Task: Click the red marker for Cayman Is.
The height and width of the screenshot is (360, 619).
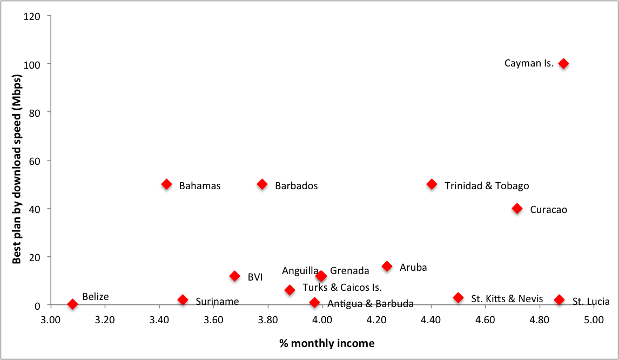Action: point(563,63)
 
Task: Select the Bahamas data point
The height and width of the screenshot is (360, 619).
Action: point(167,184)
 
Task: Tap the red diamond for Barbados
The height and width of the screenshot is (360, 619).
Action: point(263,184)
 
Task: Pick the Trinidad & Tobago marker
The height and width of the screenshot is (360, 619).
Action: point(432,184)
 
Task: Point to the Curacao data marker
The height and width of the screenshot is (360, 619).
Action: point(517,208)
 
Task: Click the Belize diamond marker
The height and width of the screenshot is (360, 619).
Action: point(72,304)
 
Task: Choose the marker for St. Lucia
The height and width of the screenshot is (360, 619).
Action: point(559,299)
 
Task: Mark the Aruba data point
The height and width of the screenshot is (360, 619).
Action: point(387,266)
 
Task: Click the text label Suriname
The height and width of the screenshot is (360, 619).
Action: point(217,302)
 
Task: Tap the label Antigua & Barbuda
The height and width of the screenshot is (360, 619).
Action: point(370,303)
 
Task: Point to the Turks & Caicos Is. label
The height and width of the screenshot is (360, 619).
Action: point(342,288)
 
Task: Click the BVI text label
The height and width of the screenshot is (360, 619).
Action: point(255,277)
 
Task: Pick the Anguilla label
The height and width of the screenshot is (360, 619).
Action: point(300,270)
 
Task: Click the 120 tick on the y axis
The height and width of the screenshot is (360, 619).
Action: point(33,16)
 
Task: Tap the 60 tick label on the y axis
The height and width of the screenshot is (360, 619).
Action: point(36,161)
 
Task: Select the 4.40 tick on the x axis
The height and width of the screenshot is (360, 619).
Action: point(431,319)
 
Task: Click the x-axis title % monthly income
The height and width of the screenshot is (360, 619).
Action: point(327,343)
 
